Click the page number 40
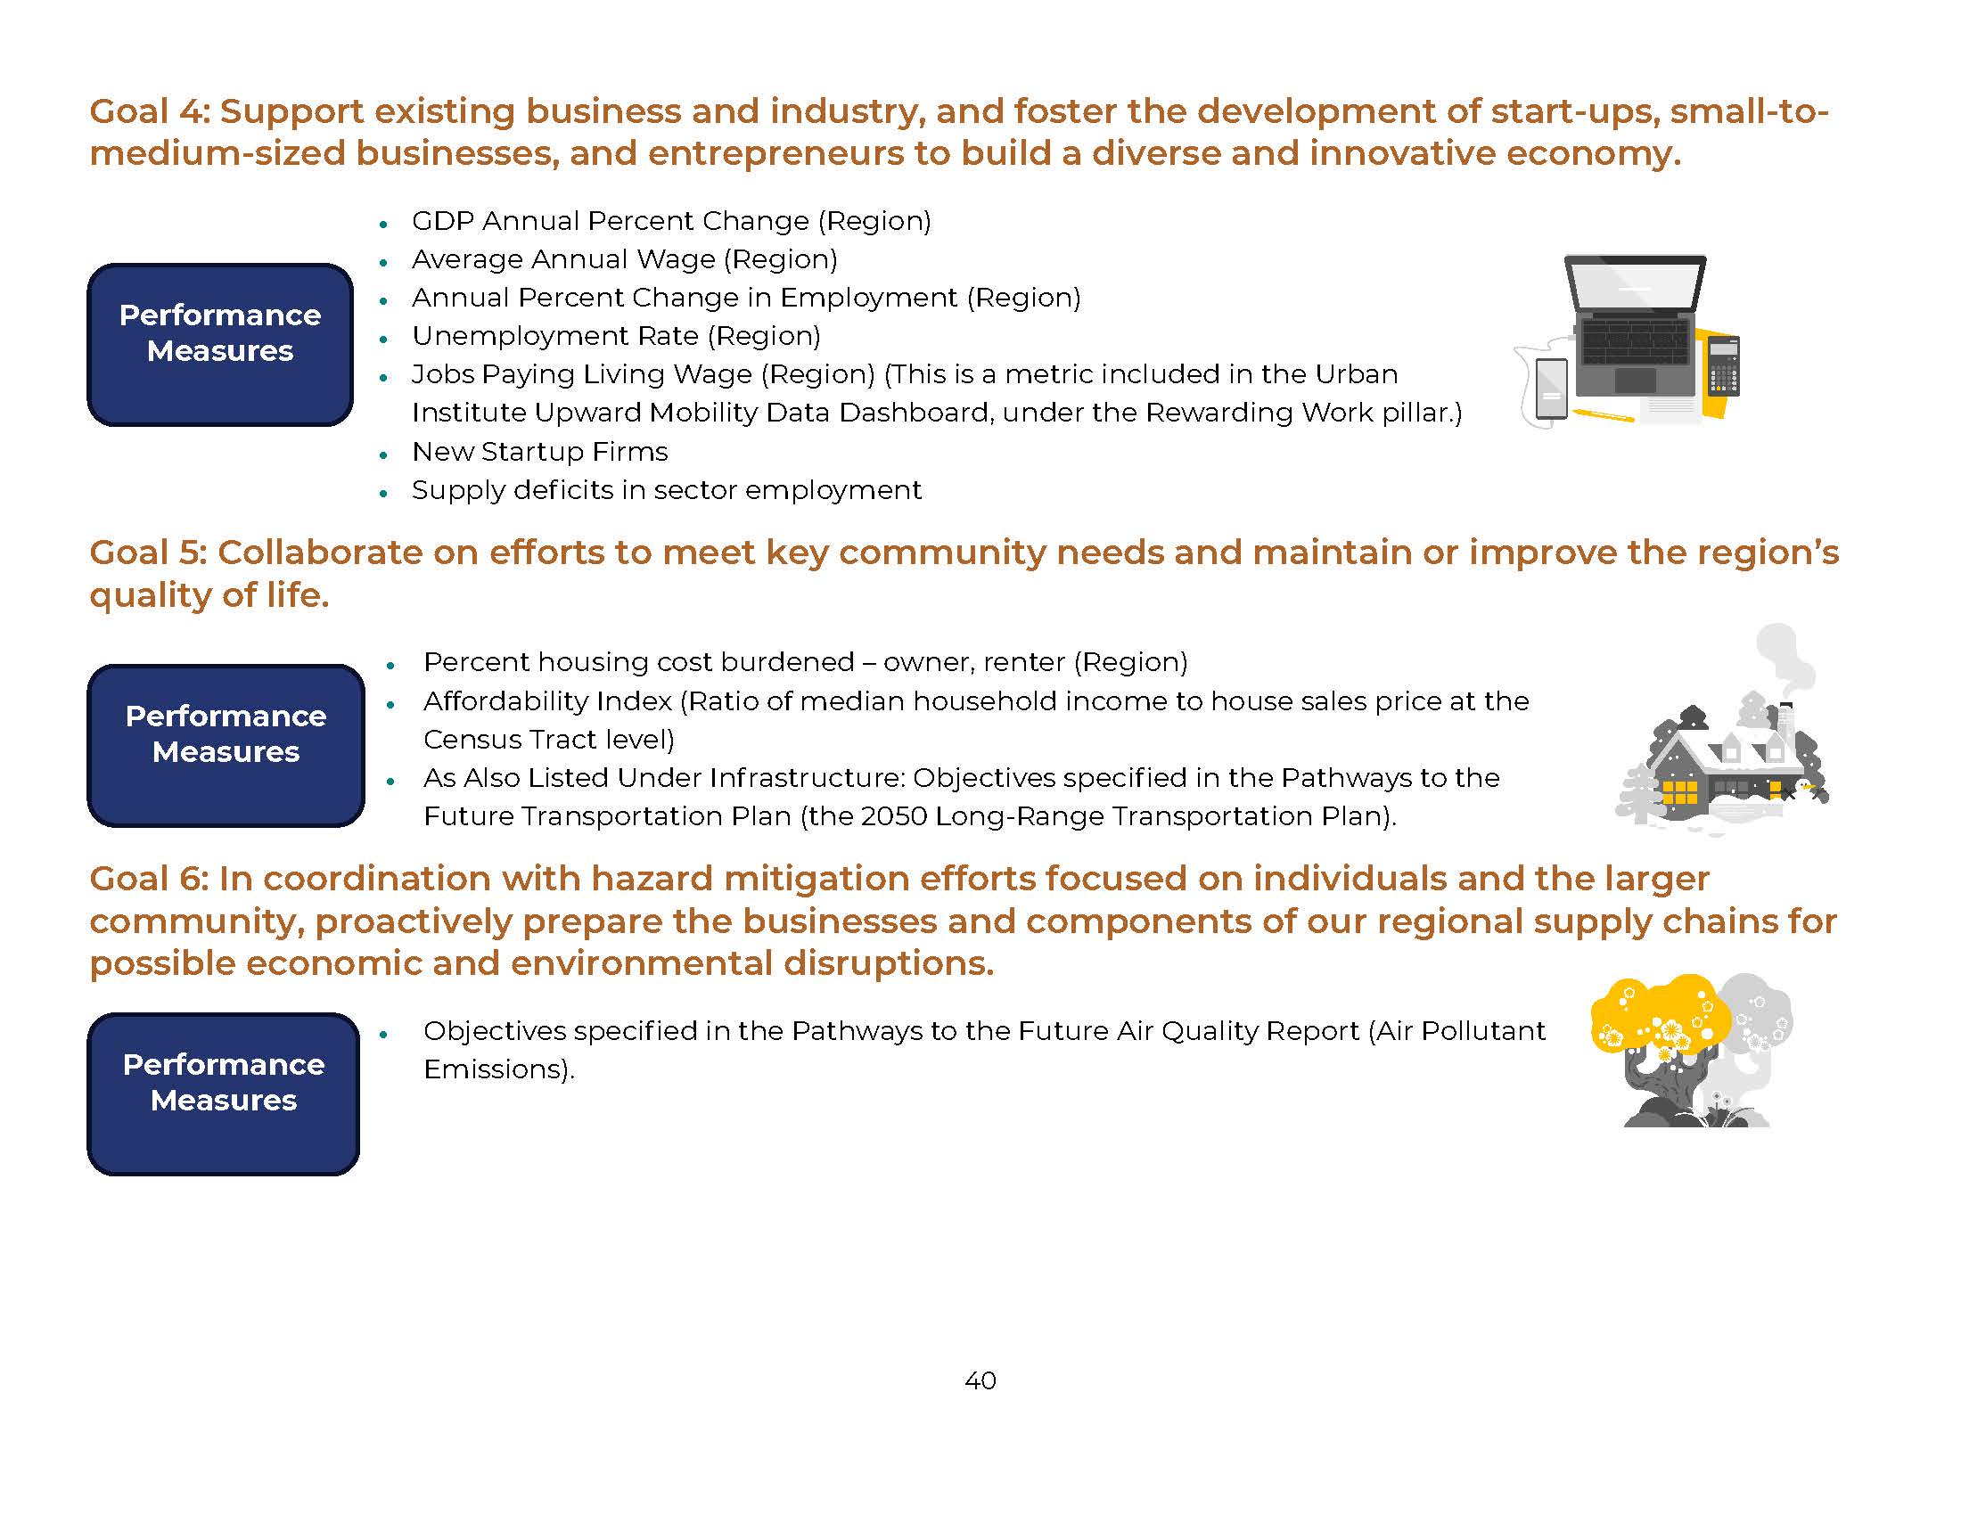[980, 1380]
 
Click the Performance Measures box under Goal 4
[220, 345]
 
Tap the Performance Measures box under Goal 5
[226, 745]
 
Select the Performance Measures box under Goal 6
[223, 1093]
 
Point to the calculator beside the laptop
[1723, 365]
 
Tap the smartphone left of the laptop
[1552, 389]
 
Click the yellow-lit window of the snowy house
[1678, 793]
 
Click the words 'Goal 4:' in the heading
[149, 112]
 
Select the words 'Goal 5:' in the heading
[148, 553]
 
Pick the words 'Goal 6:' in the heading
[148, 879]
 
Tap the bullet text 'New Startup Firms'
[539, 452]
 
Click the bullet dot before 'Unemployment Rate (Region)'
[383, 339]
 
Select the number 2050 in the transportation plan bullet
[892, 816]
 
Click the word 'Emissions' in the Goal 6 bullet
[495, 1069]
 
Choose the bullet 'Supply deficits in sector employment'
[666, 490]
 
